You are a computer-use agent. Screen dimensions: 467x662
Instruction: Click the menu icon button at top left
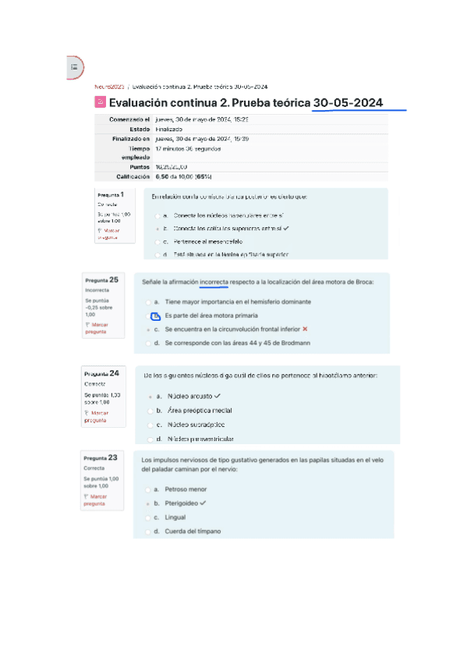click(74, 68)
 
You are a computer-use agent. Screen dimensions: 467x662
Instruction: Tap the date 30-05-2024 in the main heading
click(348, 102)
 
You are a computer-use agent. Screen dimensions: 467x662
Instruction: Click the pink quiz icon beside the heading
click(100, 102)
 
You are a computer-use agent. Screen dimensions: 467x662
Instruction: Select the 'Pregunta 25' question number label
click(102, 279)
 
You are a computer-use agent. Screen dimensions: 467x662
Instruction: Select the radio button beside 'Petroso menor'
click(148, 489)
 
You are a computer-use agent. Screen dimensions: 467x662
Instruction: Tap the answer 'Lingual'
click(175, 518)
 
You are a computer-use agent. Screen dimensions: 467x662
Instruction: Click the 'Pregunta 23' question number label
click(101, 457)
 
